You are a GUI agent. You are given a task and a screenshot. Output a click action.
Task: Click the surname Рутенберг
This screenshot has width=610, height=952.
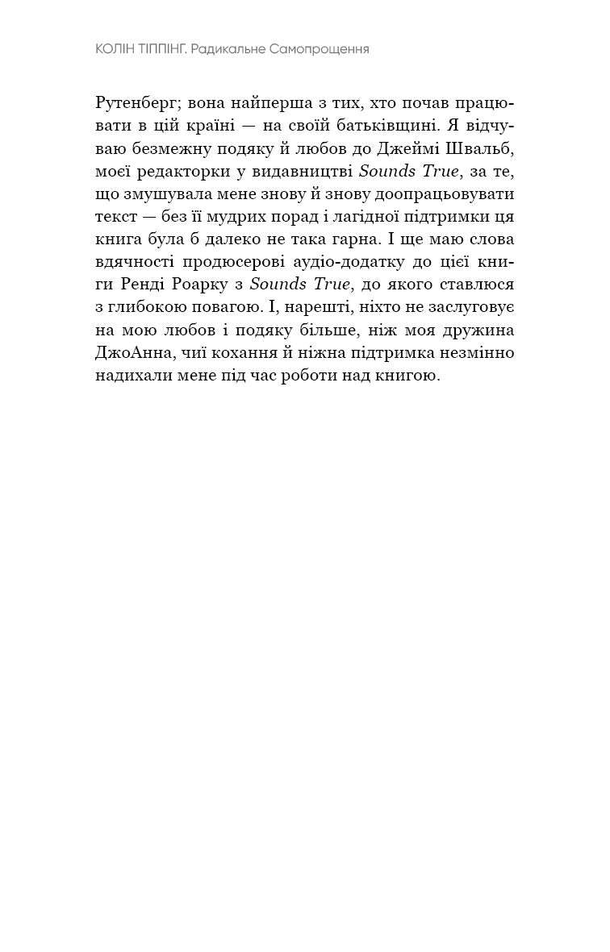click(x=136, y=104)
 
